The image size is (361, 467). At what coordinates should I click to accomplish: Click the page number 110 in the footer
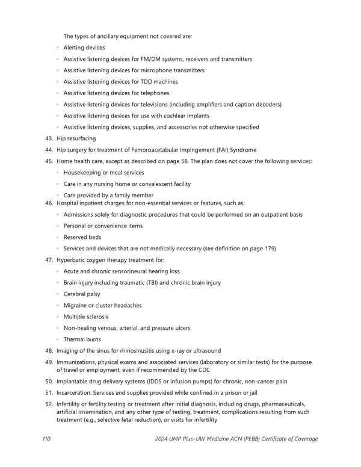pos(46,439)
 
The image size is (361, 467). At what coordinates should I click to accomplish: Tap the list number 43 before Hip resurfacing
pos(49,138)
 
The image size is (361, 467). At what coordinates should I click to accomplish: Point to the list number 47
pos(49,260)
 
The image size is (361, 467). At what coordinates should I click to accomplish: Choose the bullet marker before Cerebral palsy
pos(57,294)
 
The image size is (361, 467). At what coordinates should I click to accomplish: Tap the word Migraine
pos(76,305)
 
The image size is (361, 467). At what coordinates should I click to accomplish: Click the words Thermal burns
pos(82,339)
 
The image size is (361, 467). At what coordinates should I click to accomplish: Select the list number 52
pos(49,404)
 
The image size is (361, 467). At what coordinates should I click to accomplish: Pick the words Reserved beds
pos(82,237)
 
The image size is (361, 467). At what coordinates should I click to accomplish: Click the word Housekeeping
pos(83,173)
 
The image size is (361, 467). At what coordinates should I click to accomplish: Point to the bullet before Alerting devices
pos(57,48)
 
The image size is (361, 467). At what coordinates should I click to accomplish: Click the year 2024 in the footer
pos(162,439)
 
